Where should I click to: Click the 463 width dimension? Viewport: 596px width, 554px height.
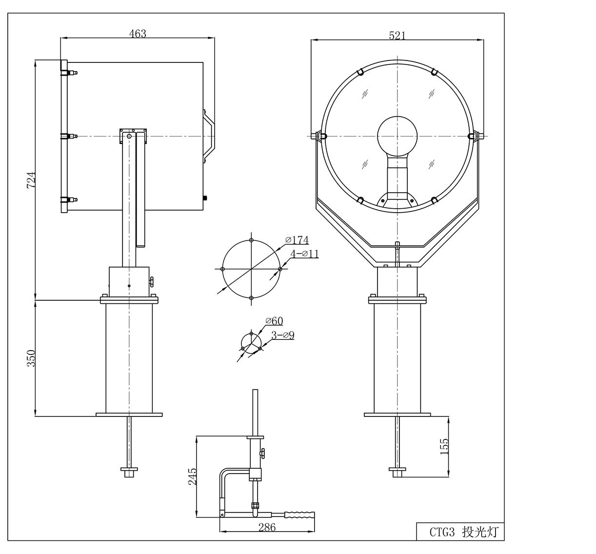[x=138, y=33]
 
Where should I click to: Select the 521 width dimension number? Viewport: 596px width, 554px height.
[x=397, y=36]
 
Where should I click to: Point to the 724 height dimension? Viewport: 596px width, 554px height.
[x=31, y=180]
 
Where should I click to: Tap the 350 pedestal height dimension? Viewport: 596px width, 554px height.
[x=31, y=358]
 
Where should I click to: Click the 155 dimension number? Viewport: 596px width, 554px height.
[x=444, y=447]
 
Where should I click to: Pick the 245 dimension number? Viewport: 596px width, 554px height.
[x=192, y=476]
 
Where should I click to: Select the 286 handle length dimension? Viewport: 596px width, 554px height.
[x=267, y=527]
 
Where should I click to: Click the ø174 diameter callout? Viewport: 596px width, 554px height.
[x=297, y=240]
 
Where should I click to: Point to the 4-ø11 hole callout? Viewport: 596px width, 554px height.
[x=304, y=254]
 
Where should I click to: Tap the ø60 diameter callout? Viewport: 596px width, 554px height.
[x=274, y=321]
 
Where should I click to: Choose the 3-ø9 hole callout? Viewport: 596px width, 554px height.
[x=283, y=335]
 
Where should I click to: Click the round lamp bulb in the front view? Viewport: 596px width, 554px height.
[x=397, y=136]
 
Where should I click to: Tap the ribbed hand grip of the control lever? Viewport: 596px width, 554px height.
[x=299, y=515]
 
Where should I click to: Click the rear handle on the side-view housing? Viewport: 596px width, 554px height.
[x=209, y=136]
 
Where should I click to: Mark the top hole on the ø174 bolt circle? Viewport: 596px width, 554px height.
[x=251, y=240]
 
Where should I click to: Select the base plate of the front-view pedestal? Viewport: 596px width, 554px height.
[x=397, y=415]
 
